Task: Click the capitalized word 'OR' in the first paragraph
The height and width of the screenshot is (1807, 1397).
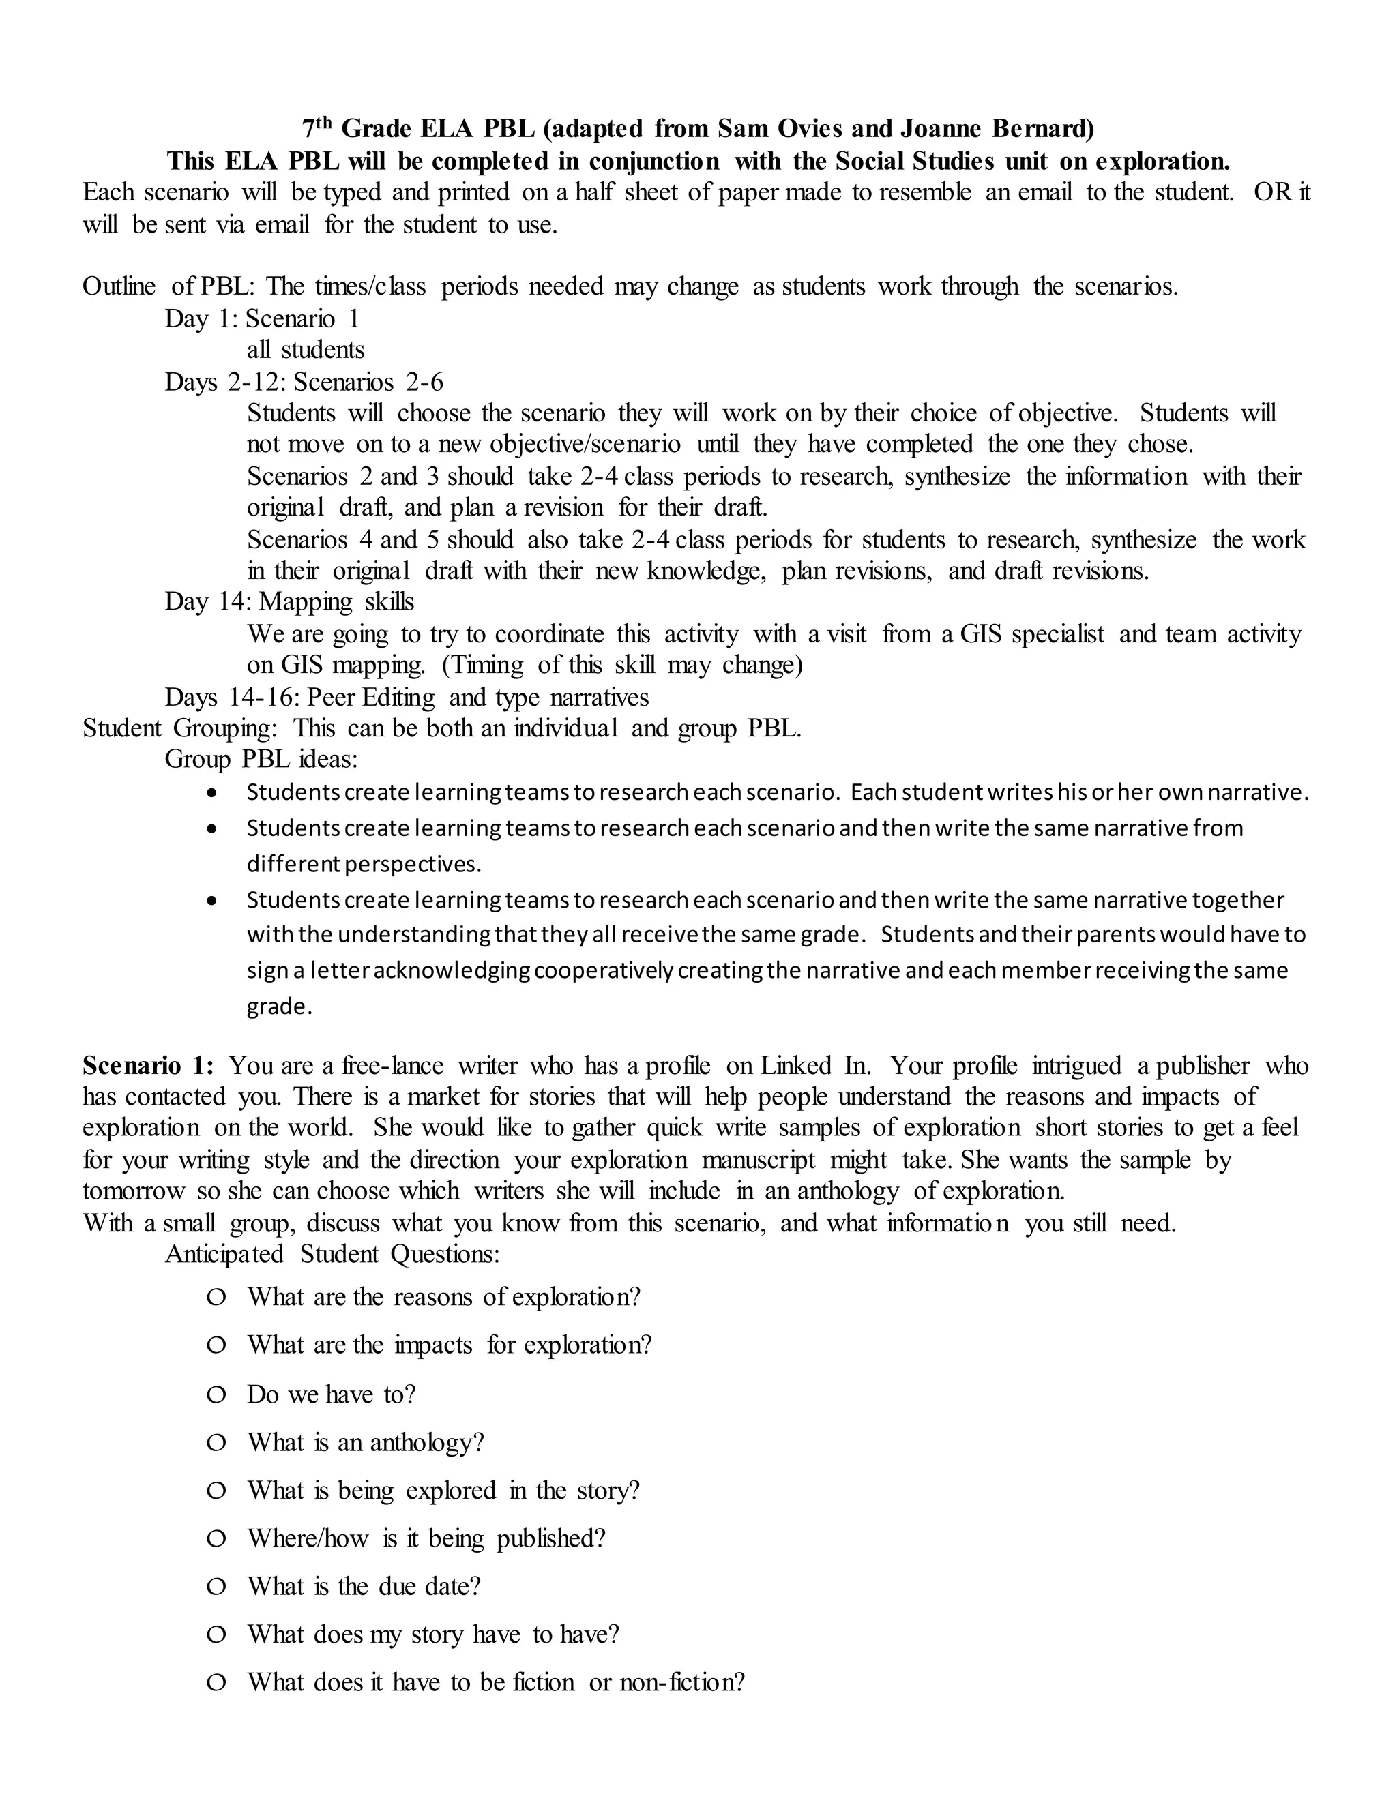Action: point(1272,192)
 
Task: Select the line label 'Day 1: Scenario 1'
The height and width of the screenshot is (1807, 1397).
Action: point(261,318)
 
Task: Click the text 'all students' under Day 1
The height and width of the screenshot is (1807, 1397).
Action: point(306,350)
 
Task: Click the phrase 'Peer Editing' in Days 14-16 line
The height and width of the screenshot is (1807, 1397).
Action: point(371,698)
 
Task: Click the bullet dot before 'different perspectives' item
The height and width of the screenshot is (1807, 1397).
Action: point(214,828)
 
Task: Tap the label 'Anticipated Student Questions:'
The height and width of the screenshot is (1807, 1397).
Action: point(332,1254)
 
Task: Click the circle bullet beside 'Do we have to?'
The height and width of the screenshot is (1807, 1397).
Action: point(216,1395)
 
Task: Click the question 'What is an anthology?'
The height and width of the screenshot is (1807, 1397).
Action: point(365,1443)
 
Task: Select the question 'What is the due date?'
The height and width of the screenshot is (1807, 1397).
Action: point(364,1586)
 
